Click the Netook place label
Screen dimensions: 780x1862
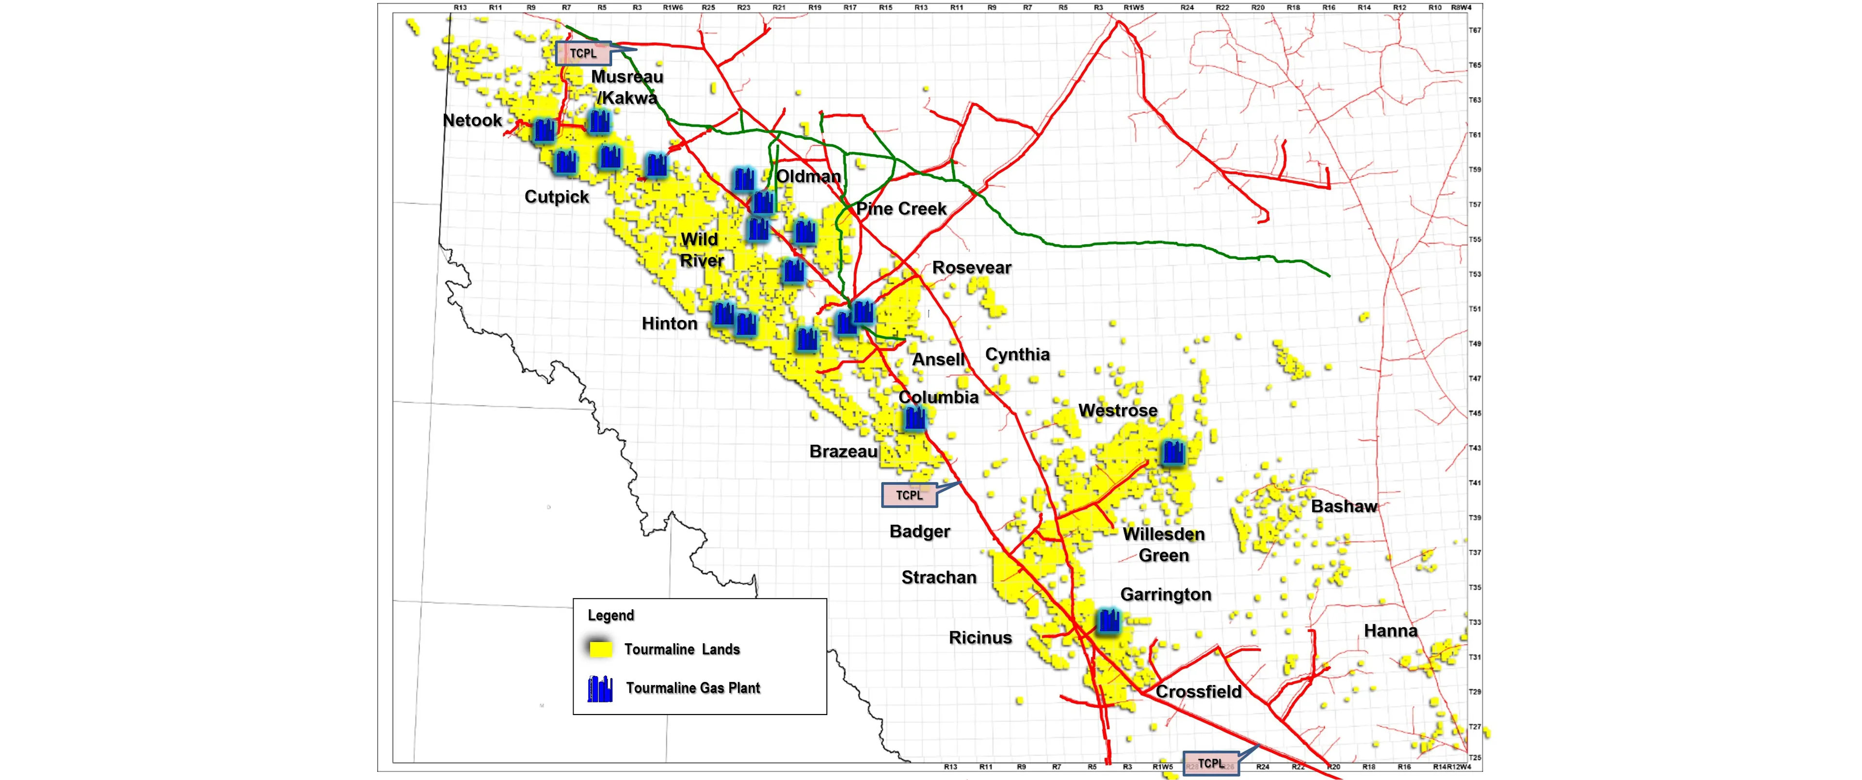[x=472, y=121]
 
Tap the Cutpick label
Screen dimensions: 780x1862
[x=557, y=197]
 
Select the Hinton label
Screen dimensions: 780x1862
[x=669, y=323]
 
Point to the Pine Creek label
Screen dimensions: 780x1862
[x=900, y=209]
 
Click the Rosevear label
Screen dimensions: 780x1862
[x=971, y=268]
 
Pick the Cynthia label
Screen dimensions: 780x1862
[x=1017, y=354]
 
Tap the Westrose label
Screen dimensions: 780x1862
[x=1118, y=411]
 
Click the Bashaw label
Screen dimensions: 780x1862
[x=1344, y=506]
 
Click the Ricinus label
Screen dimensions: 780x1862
[x=980, y=637]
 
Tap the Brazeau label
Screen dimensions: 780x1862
[x=843, y=452]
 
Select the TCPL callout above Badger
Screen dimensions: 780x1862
[x=909, y=495]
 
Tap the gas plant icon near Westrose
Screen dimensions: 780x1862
[x=1173, y=452]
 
